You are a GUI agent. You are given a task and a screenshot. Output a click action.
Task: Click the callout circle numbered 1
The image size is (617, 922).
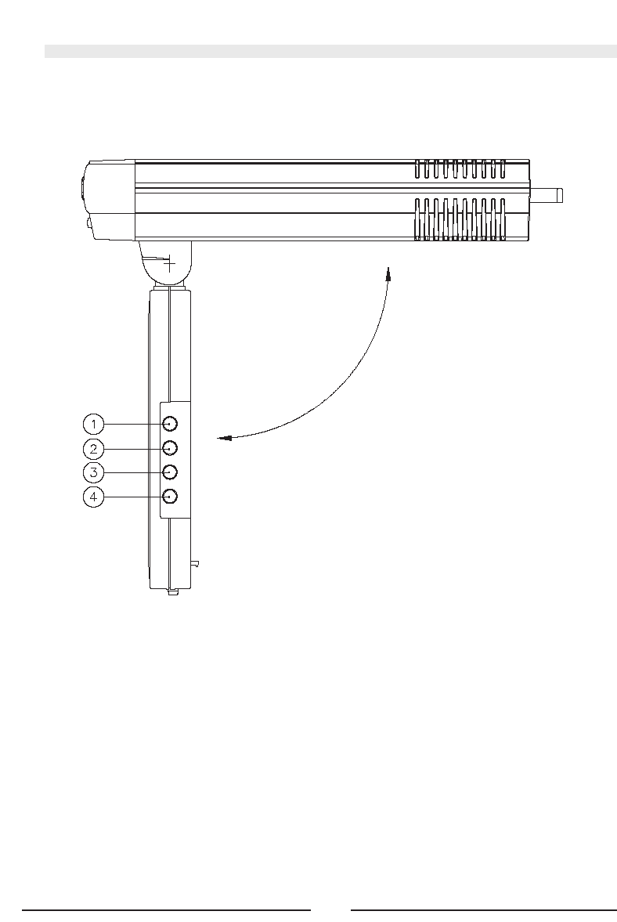click(x=93, y=424)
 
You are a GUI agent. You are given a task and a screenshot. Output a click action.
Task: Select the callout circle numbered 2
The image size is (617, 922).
click(x=93, y=449)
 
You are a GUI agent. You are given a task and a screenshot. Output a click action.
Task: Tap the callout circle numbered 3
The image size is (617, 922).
click(x=93, y=472)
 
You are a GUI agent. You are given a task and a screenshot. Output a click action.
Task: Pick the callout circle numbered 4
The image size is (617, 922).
click(x=93, y=497)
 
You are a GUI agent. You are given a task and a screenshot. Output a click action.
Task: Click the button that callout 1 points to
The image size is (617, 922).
click(x=170, y=424)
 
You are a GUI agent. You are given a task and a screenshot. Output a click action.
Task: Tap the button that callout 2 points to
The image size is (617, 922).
click(x=170, y=449)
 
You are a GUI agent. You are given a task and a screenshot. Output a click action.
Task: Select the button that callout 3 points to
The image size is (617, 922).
click(x=170, y=472)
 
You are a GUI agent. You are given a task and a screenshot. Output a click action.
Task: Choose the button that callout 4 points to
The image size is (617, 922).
click(x=170, y=497)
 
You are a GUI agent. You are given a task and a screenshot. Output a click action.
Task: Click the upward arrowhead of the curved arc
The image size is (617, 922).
click(x=388, y=273)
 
